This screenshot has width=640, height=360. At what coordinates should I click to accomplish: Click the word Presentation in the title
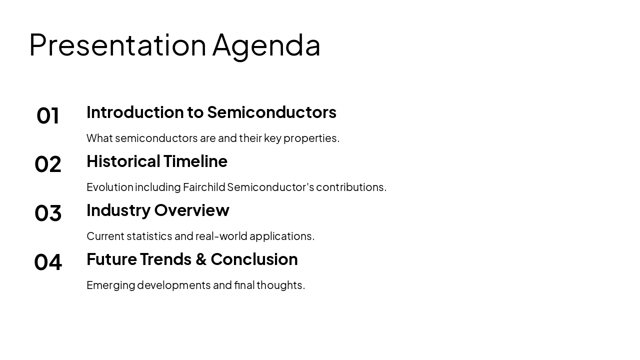pyautogui.click(x=117, y=45)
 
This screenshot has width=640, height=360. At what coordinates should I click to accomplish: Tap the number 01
pyautogui.click(x=48, y=116)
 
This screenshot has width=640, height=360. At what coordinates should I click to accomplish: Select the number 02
pyautogui.click(x=48, y=164)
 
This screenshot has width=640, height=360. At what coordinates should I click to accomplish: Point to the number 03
pyautogui.click(x=48, y=213)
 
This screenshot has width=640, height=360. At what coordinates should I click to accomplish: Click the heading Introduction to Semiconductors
pyautogui.click(x=211, y=112)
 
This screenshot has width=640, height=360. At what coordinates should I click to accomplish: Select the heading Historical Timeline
pyautogui.click(x=156, y=161)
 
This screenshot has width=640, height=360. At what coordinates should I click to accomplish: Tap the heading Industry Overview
pyautogui.click(x=157, y=210)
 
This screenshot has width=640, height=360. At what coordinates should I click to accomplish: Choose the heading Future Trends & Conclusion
pyautogui.click(x=192, y=259)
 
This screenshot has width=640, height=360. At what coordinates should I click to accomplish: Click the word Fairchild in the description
pyautogui.click(x=204, y=187)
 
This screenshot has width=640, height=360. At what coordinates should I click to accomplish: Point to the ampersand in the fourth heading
pyautogui.click(x=201, y=259)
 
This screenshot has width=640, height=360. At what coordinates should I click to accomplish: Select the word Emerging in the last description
pyautogui.click(x=110, y=285)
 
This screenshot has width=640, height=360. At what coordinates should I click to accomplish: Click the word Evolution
pyautogui.click(x=110, y=187)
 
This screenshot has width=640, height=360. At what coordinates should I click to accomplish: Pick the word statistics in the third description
pyautogui.click(x=149, y=236)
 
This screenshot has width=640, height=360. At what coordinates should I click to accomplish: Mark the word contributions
pyautogui.click(x=350, y=187)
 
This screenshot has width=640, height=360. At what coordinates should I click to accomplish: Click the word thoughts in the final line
pyautogui.click(x=280, y=285)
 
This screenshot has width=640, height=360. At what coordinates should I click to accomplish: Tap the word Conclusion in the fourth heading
pyautogui.click(x=254, y=259)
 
